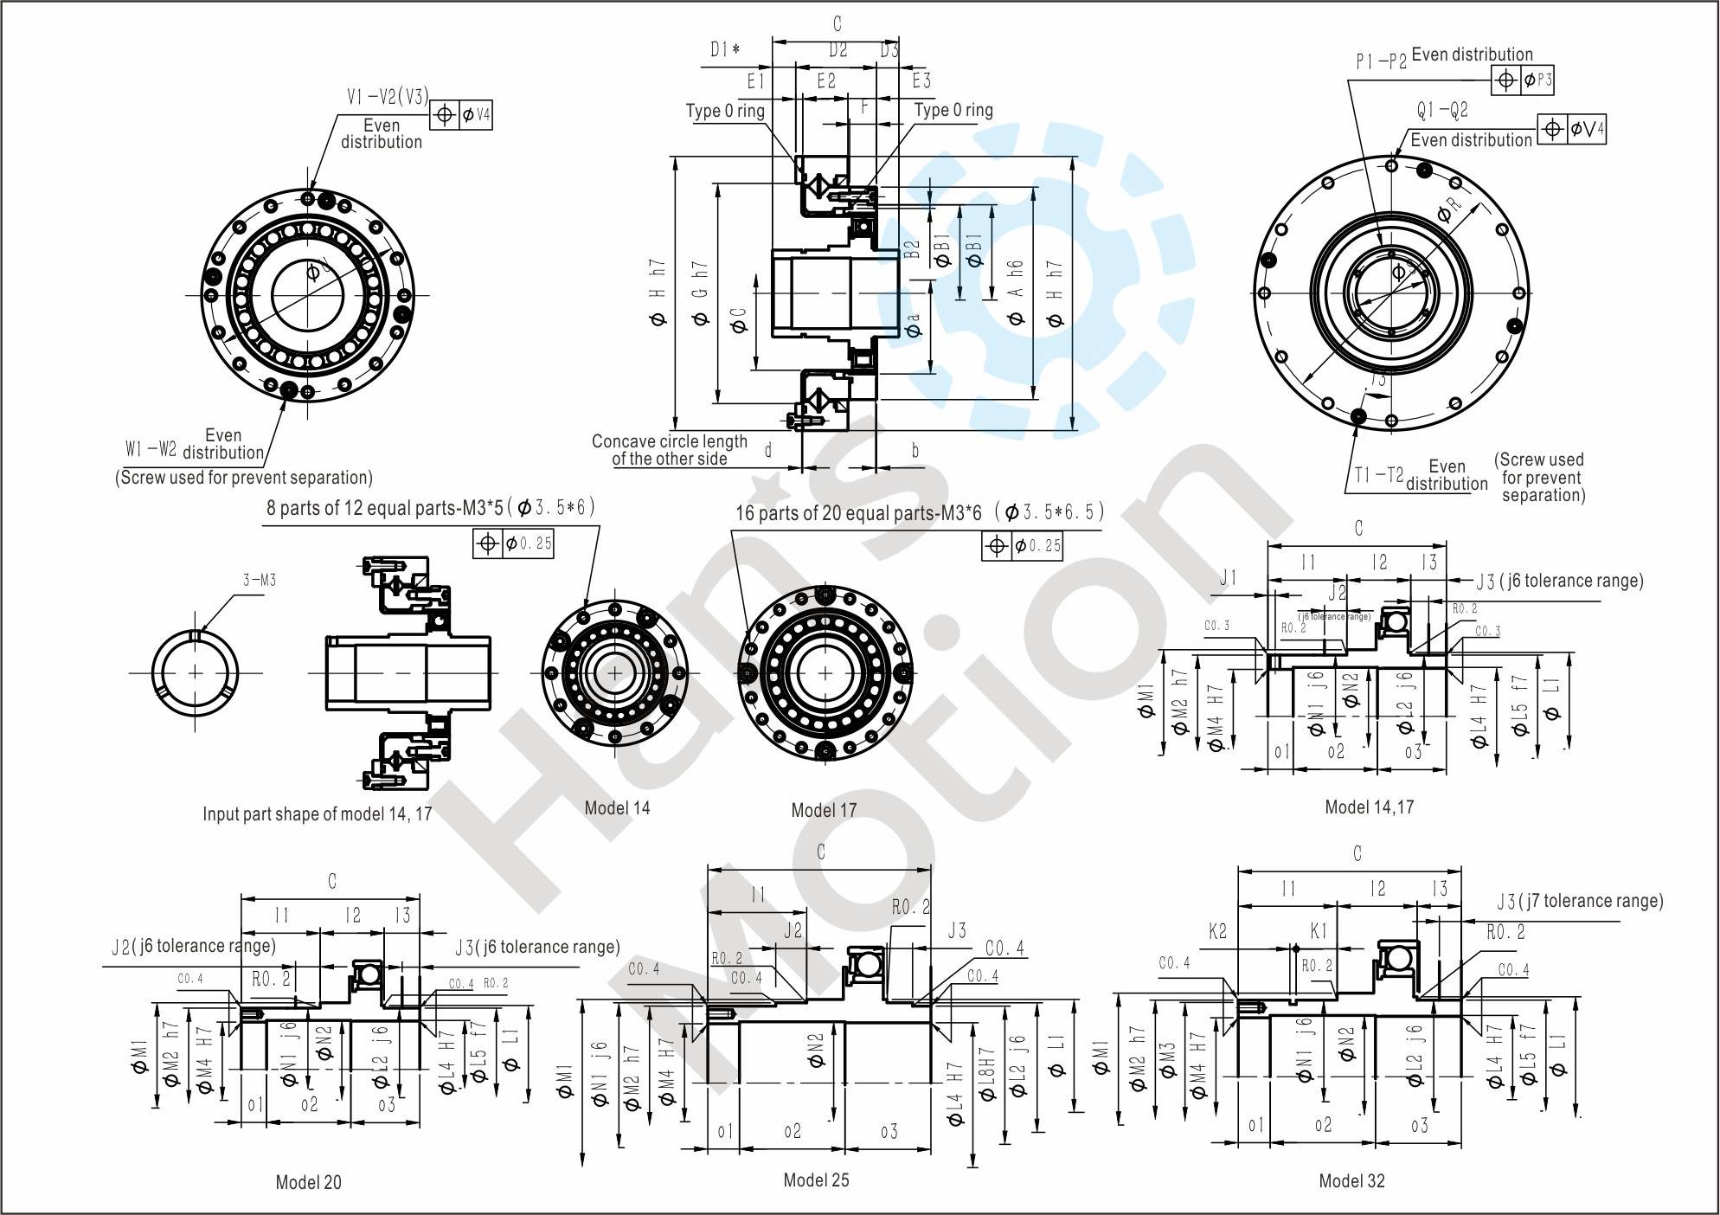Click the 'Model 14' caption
617,808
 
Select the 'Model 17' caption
824,811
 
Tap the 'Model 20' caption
309,1182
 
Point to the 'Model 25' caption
816,1180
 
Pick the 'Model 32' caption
1351,1181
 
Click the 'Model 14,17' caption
1370,807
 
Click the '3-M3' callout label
259,580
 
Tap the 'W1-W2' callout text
151,449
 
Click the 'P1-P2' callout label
1382,61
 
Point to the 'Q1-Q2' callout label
1442,111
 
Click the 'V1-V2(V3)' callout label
388,97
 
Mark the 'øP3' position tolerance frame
1524,80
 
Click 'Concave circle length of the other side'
669,450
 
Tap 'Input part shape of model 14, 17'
317,814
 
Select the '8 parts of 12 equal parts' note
430,507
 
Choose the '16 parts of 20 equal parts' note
919,512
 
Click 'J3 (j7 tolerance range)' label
1580,901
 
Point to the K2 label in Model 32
1217,931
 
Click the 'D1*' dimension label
725,49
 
